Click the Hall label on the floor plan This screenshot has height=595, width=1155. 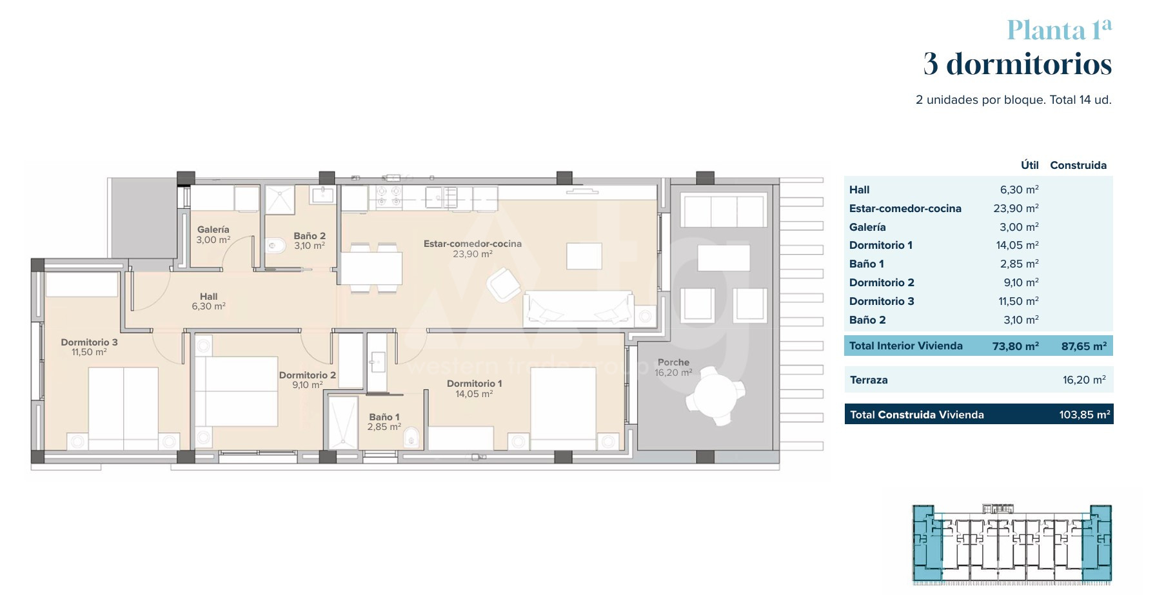click(x=208, y=297)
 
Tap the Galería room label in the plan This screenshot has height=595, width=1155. click(x=213, y=229)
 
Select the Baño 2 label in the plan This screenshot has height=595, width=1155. click(x=310, y=236)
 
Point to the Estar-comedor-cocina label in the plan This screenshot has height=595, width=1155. click(x=473, y=244)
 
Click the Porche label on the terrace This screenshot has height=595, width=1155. click(x=673, y=362)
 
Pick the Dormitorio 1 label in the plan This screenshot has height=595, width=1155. click(x=474, y=384)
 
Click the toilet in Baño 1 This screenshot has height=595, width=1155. click(x=411, y=439)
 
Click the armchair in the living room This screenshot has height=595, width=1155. click(x=504, y=284)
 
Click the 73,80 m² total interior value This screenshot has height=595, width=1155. click(x=1015, y=346)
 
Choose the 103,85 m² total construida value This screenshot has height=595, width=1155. click(x=1085, y=415)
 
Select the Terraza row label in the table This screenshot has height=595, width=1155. click(x=869, y=380)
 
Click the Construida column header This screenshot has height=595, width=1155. click(x=1078, y=165)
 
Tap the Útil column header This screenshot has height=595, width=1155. click(x=1029, y=165)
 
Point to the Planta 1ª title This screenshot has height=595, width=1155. click(x=1060, y=30)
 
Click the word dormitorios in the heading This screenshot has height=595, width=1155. click(x=1029, y=64)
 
